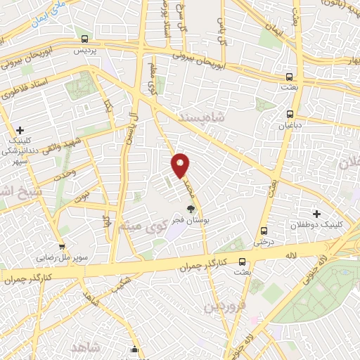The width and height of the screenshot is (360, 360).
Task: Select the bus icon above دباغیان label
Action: (x=290, y=114)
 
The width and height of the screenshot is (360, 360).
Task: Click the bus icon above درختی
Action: (x=264, y=231)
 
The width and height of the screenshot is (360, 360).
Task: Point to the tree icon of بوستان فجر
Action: (x=190, y=209)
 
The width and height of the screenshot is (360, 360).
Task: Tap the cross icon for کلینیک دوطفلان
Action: (x=316, y=214)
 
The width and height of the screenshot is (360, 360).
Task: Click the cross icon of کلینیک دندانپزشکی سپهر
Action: (x=20, y=130)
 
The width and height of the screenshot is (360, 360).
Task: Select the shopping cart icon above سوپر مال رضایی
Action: (x=62, y=247)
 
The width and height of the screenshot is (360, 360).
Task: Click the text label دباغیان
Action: (x=290, y=127)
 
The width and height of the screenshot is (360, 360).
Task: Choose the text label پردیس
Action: (x=85, y=51)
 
